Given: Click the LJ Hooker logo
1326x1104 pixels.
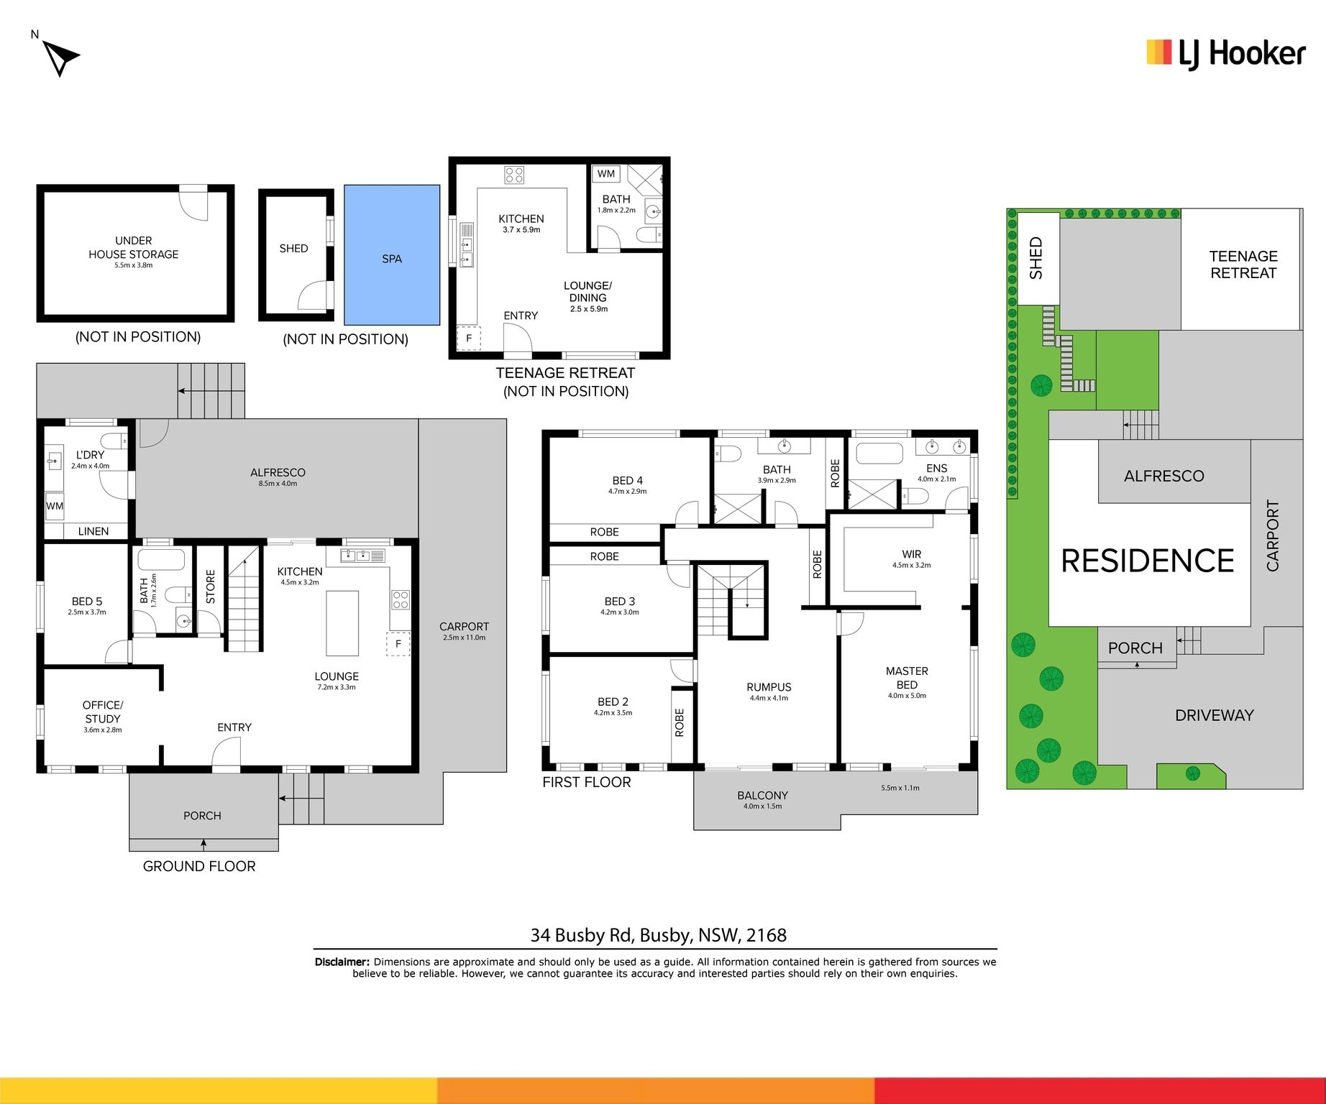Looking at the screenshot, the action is click(1226, 54).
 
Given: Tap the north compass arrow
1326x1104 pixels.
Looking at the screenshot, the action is click(60, 57).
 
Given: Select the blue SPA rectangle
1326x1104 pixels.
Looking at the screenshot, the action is click(392, 255).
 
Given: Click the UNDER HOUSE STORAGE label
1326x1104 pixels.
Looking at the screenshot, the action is click(134, 247).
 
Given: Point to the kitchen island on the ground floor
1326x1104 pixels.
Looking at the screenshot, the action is click(342, 623).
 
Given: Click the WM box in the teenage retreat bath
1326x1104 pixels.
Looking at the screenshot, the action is click(606, 174).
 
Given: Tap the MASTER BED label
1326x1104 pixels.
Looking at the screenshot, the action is click(907, 678).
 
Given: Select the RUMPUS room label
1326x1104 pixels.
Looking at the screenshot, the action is click(769, 687).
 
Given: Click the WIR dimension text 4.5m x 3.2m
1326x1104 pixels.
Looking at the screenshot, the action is click(911, 565).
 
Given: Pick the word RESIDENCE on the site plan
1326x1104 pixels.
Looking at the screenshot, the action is click(1148, 561).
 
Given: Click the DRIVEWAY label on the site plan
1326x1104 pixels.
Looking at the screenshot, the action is click(1214, 715).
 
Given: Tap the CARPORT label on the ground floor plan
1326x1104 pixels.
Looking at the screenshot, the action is click(464, 627).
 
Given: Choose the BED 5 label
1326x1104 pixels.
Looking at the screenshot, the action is click(87, 602).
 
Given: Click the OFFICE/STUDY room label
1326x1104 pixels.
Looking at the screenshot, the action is click(103, 712).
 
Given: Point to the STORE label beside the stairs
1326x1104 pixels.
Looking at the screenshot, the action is click(211, 586).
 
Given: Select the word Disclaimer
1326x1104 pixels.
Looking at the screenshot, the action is click(342, 962).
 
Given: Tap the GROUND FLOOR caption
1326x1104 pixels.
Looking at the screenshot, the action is click(199, 866).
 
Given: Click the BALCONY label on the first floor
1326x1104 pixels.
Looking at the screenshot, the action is click(762, 796).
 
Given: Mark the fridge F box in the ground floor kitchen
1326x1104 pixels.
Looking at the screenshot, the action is click(398, 644).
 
